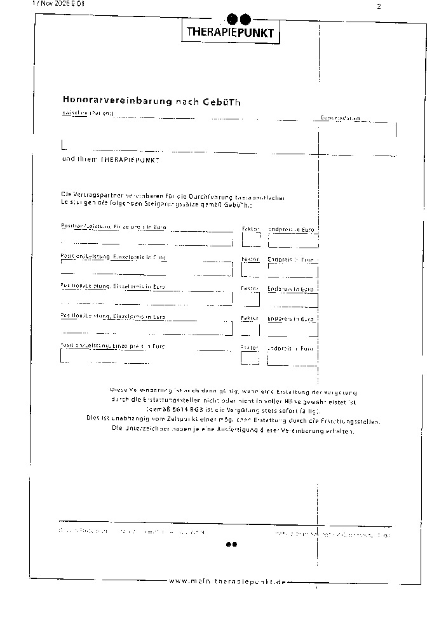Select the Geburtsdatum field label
[x=339, y=118]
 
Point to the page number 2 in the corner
[x=379, y=6]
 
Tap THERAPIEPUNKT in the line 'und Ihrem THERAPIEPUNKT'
[x=130, y=160]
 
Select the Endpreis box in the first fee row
[x=292, y=241]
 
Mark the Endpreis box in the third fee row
[x=292, y=300]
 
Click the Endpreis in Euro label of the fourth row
[x=291, y=317]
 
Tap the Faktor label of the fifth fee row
[x=250, y=348]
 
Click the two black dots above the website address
[x=232, y=544]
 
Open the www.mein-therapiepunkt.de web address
[x=229, y=582]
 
